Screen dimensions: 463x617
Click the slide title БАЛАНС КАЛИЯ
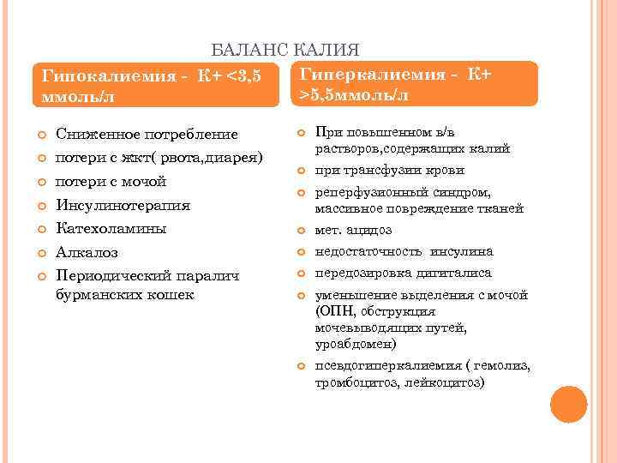click(285, 51)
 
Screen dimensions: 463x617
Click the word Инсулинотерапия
click(123, 206)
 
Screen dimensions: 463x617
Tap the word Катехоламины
click(111, 229)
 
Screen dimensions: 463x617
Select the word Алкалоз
click(86, 253)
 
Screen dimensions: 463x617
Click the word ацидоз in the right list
click(369, 230)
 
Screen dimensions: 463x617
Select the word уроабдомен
click(355, 344)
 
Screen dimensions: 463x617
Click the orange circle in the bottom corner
click(568, 404)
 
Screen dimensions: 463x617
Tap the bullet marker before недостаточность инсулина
click(301, 252)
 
